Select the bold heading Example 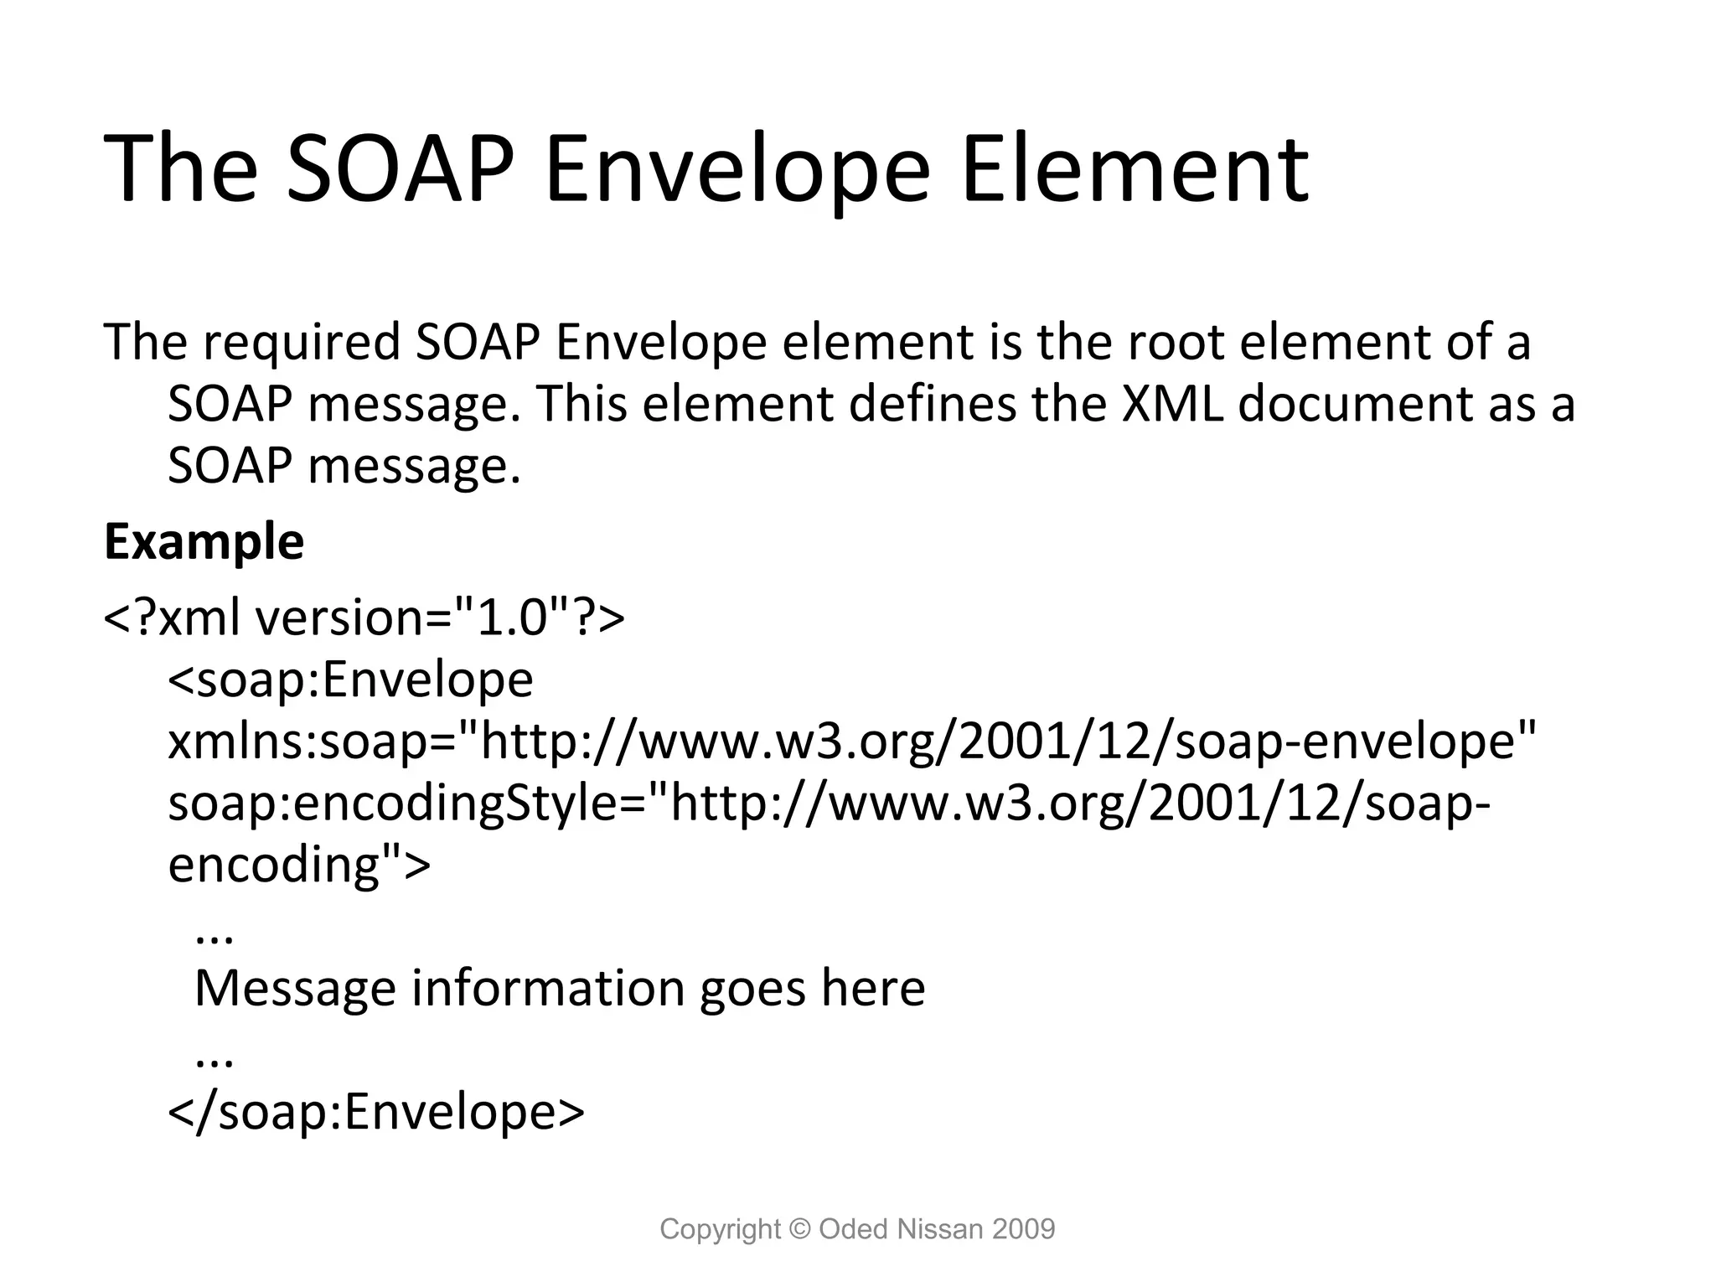[x=204, y=542]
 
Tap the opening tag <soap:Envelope [x=350, y=680]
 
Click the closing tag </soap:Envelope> [x=376, y=1112]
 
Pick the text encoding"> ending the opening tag [x=299, y=866]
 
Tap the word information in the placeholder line [x=549, y=989]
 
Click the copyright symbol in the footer [x=800, y=1229]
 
